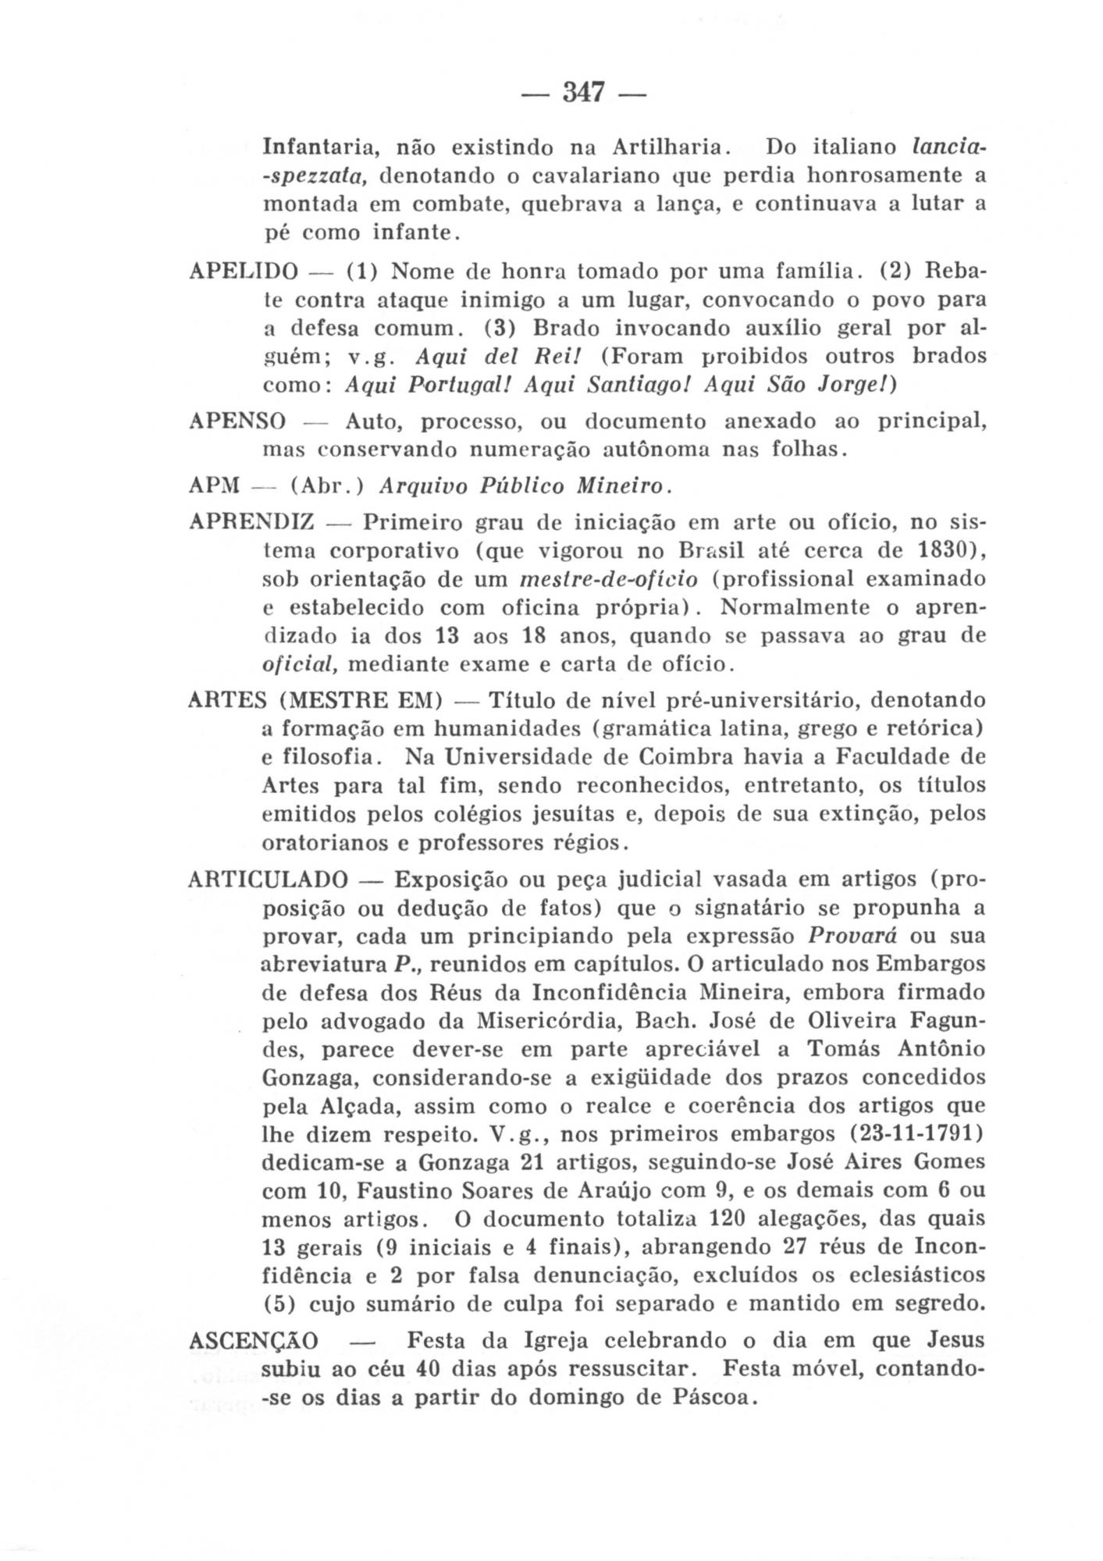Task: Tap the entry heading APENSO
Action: click(x=237, y=422)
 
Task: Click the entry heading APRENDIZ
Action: click(x=251, y=521)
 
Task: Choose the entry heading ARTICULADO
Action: click(x=268, y=880)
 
